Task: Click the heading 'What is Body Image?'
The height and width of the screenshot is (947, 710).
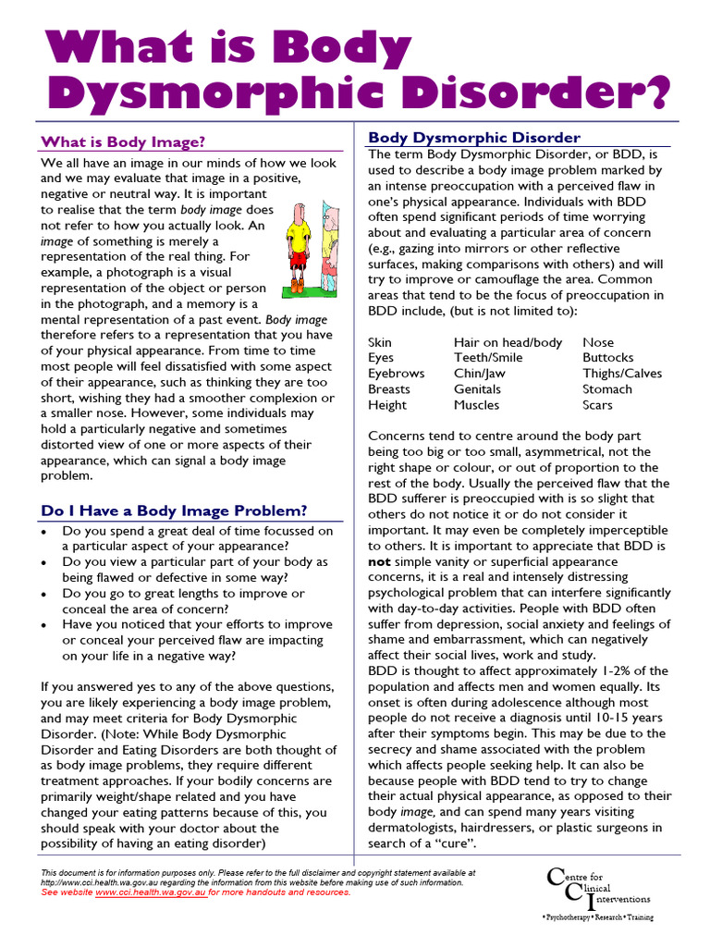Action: coord(123,142)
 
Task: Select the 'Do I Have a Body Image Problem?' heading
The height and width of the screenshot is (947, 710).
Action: coord(174,510)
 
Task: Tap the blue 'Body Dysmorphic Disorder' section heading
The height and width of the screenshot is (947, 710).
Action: coord(474,138)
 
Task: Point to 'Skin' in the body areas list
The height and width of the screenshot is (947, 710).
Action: coord(380,342)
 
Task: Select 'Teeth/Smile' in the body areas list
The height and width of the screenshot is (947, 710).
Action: coord(487,358)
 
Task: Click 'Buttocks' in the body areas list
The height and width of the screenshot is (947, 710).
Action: coord(607,358)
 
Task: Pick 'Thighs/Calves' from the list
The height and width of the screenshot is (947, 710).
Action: coord(622,374)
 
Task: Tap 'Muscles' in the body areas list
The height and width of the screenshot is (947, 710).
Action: coord(476,405)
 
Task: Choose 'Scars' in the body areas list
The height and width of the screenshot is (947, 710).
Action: coord(597,405)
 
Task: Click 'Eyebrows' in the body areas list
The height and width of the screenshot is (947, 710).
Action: coord(396,374)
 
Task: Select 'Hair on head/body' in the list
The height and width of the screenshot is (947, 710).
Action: coord(508,342)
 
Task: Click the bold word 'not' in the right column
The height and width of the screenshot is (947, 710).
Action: coord(378,561)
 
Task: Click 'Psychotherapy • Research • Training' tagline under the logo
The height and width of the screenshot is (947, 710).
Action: coord(598,918)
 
